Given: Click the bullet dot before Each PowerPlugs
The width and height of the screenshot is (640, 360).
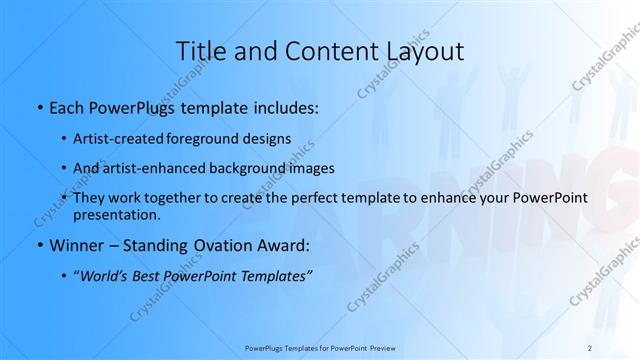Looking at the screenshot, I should [38, 106].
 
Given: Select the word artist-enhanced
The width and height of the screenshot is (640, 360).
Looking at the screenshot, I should [157, 168].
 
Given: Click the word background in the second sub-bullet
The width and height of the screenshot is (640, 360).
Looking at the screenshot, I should [253, 168].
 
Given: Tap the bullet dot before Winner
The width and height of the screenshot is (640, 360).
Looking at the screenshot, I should [38, 246].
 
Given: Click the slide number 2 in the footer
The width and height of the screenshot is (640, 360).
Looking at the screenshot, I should [591, 347].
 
